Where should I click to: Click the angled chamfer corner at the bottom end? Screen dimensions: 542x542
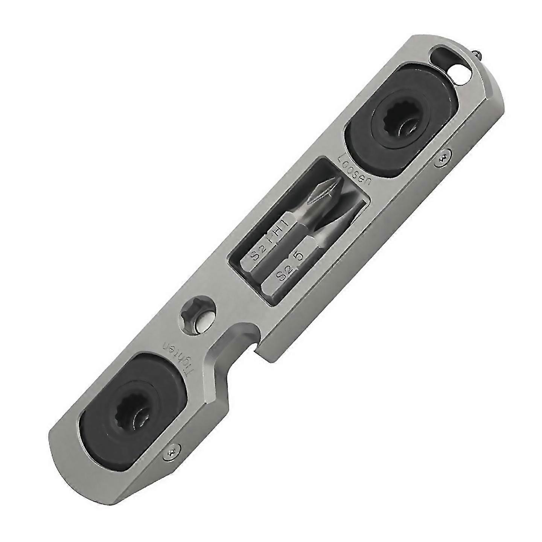(66, 452)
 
